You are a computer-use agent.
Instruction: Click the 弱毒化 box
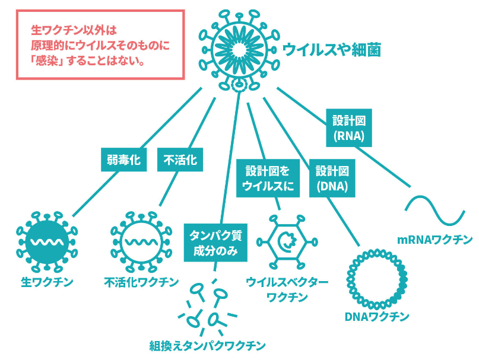point(123,160)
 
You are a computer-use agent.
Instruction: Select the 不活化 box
point(180,160)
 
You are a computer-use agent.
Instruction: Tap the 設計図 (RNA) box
point(349,128)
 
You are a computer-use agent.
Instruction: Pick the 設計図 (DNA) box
point(332,178)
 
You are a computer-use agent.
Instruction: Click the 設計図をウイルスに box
point(268,178)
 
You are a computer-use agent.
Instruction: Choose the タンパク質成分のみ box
point(215,243)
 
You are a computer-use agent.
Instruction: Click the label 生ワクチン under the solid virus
point(47,282)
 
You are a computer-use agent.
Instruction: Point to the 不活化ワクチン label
point(141,282)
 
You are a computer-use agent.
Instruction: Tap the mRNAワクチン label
point(434,240)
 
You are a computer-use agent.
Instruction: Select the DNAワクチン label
point(377,317)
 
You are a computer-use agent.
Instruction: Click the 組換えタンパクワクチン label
point(207,346)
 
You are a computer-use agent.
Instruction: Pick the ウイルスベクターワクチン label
point(287,289)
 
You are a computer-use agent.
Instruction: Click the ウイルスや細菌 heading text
point(332,50)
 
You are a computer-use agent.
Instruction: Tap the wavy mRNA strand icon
point(435,211)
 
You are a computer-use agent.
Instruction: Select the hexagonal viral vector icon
point(287,243)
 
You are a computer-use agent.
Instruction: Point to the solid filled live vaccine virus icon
point(47,242)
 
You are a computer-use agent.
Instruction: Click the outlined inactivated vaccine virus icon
point(141,242)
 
